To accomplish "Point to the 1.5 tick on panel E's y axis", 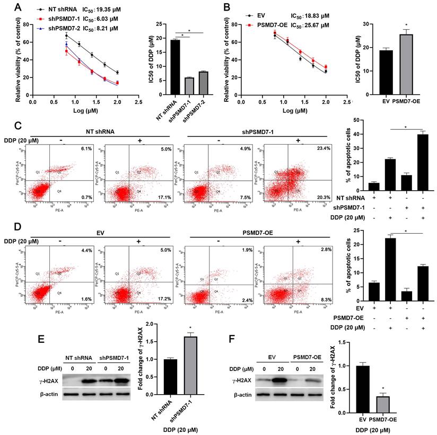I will click(141, 342).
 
